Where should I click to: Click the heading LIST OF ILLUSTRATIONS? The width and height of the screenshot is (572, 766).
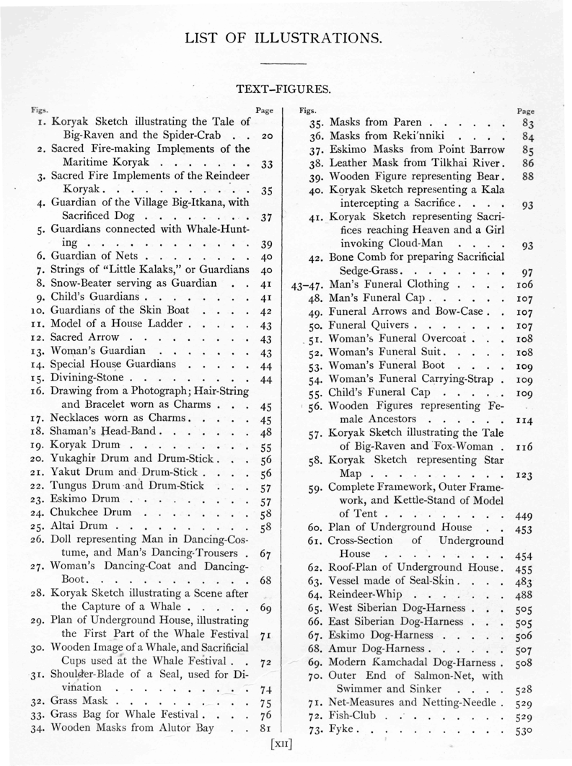[286, 36]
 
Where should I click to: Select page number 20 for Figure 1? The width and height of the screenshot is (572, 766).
[266, 136]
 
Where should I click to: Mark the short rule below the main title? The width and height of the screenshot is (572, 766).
[286, 63]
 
